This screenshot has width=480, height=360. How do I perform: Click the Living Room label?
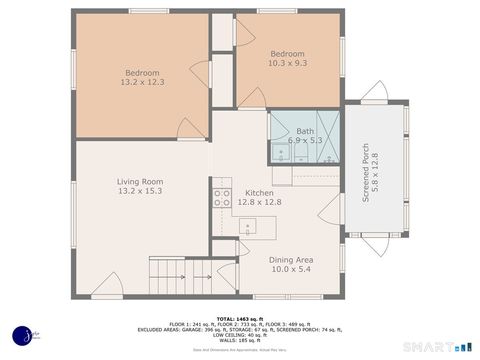tap(140, 181)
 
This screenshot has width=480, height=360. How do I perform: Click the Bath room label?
tap(304, 131)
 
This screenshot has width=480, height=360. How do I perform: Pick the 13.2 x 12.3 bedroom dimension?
tap(143, 81)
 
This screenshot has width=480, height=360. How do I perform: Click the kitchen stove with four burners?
tap(221, 197)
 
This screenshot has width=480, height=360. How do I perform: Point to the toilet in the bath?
tap(278, 151)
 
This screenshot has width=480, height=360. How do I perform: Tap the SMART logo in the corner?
tap(431, 345)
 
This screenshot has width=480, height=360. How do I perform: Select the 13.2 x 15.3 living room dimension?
tap(140, 191)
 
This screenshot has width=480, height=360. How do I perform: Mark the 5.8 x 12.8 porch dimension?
tap(377, 165)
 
